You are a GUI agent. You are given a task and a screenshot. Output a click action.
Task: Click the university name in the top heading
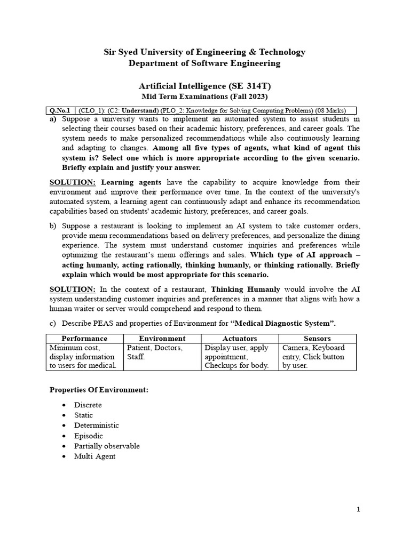point(204,52)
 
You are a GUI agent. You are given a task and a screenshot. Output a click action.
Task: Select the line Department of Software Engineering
point(204,63)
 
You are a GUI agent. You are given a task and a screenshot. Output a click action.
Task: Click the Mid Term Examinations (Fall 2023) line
point(204,97)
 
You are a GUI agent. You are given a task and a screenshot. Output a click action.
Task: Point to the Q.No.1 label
point(60,110)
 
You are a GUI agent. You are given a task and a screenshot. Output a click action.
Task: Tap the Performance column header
point(84,339)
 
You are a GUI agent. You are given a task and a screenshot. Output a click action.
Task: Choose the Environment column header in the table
point(162,339)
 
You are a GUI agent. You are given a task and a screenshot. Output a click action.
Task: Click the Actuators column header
point(239,339)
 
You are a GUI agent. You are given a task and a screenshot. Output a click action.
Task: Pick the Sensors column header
point(317,339)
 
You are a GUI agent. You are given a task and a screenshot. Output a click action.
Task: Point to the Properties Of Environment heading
point(99,390)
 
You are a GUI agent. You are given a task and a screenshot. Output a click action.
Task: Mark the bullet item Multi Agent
point(95,456)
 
